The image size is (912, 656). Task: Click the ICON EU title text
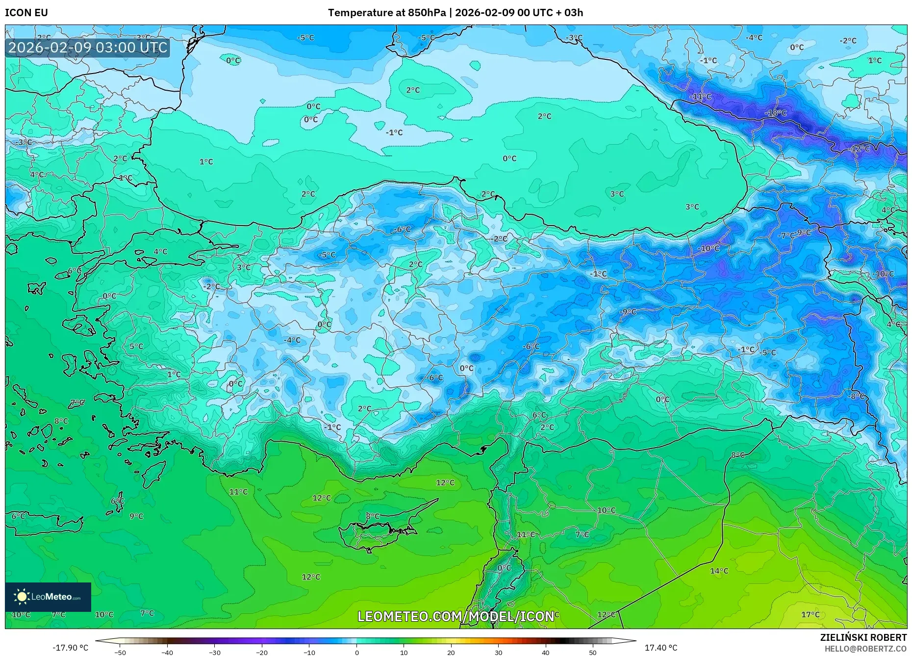click(26, 13)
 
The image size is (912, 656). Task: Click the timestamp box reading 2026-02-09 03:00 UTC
click(88, 48)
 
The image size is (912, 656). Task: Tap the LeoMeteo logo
click(48, 597)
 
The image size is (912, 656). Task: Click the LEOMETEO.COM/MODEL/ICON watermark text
click(456, 616)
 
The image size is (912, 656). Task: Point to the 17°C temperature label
click(810, 614)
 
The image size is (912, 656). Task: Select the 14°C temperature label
click(719, 571)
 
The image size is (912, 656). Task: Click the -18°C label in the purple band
click(775, 113)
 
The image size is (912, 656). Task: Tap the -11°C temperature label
click(700, 97)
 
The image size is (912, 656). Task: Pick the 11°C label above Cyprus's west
click(238, 492)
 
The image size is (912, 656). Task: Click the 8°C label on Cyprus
click(373, 516)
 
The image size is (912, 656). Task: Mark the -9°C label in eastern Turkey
click(628, 311)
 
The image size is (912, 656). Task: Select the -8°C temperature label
click(857, 396)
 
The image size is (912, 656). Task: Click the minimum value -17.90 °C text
click(71, 648)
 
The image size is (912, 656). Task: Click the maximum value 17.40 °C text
click(660, 648)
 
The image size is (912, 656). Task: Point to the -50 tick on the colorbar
click(120, 652)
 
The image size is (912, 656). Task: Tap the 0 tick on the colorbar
click(356, 652)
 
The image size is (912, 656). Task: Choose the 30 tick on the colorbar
click(498, 652)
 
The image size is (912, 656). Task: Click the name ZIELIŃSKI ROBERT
click(863, 637)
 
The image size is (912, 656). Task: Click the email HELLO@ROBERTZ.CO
click(865, 648)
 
